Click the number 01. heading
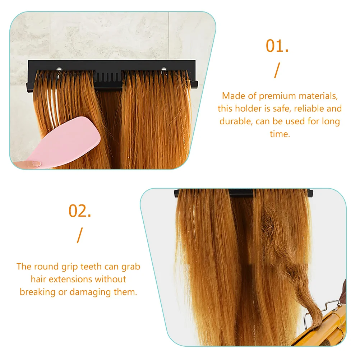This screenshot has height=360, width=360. [277, 46]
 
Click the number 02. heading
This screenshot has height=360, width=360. [80, 211]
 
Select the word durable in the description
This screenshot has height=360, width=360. [236, 121]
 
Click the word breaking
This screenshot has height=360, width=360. [37, 292]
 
